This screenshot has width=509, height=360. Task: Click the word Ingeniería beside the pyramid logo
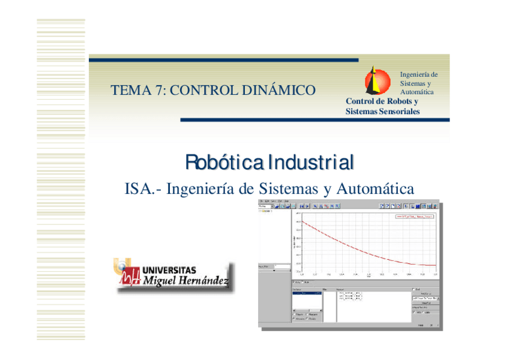(418, 75)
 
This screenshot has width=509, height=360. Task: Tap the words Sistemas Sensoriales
(382, 112)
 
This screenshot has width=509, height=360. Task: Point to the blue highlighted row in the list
(306, 293)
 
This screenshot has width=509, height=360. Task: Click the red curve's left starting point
(302, 221)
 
